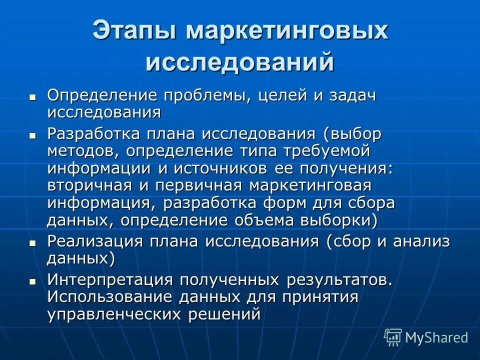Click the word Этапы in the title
[x=134, y=31]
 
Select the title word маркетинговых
[x=287, y=31]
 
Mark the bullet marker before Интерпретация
[x=33, y=281]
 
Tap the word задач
[x=352, y=95]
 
